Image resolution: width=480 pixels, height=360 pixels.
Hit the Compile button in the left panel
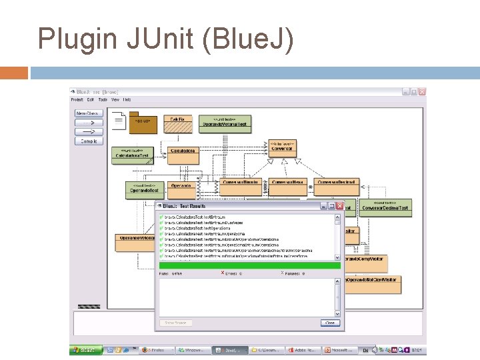(89, 141)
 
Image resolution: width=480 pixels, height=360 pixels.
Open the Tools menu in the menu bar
(102, 100)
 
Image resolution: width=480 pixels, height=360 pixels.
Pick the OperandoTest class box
(145, 189)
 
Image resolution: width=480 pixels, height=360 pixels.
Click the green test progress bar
(249, 265)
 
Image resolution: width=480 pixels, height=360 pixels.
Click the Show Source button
(176, 323)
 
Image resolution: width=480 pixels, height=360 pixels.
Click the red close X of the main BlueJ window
(421, 92)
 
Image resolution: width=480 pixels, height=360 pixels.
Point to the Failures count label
(293, 273)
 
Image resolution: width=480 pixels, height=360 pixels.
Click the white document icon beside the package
(119, 121)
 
